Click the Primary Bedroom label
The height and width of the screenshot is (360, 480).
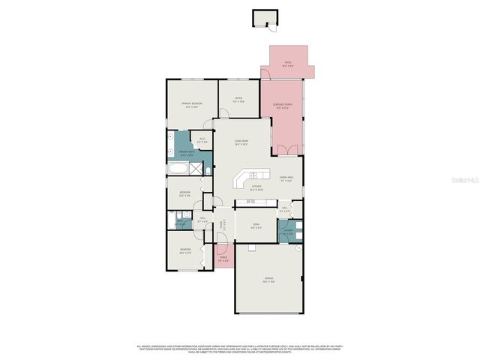(x=191, y=104)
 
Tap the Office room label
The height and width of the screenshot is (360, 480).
(x=238, y=99)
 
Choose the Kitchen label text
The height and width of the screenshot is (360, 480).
(x=256, y=188)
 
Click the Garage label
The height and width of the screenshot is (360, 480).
(x=268, y=282)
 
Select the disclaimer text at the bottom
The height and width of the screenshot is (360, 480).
(x=240, y=349)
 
